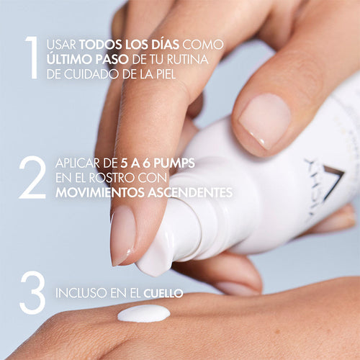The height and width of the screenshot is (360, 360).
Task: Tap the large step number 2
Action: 32,177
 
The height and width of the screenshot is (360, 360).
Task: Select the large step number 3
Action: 32,293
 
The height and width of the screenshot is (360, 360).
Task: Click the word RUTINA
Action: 188,59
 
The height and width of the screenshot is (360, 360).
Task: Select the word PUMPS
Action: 174,163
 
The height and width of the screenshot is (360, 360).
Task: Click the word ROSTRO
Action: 111,178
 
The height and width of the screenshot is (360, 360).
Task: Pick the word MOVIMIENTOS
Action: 100,192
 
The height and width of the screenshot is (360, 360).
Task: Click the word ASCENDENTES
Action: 190,192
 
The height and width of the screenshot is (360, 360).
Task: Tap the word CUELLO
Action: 163,293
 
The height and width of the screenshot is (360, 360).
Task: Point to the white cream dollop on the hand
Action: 144,313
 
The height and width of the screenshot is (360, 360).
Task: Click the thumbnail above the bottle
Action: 265,120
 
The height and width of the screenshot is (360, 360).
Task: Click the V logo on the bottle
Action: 333,183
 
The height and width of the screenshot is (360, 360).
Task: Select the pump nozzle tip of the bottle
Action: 153,259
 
